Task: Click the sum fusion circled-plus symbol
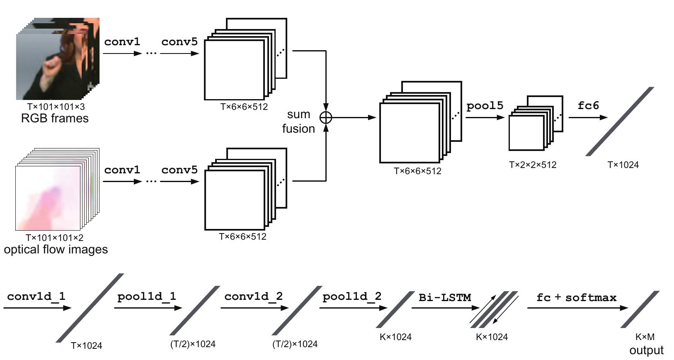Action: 326,117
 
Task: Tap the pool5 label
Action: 485,106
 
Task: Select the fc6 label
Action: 588,106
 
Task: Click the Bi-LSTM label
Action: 444,297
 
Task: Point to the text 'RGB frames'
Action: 55,119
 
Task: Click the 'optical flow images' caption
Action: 56,249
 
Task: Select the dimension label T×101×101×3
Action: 56,107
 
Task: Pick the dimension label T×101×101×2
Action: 54,238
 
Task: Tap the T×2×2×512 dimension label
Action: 533,165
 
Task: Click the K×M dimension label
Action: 645,337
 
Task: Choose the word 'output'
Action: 646,350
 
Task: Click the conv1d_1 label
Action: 36,297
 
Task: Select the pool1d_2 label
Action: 352,297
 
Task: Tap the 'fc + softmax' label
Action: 576,297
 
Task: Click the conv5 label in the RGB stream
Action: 179,42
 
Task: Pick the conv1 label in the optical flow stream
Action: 122,170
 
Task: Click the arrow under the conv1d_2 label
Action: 254,308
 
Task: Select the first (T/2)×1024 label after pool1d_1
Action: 193,344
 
